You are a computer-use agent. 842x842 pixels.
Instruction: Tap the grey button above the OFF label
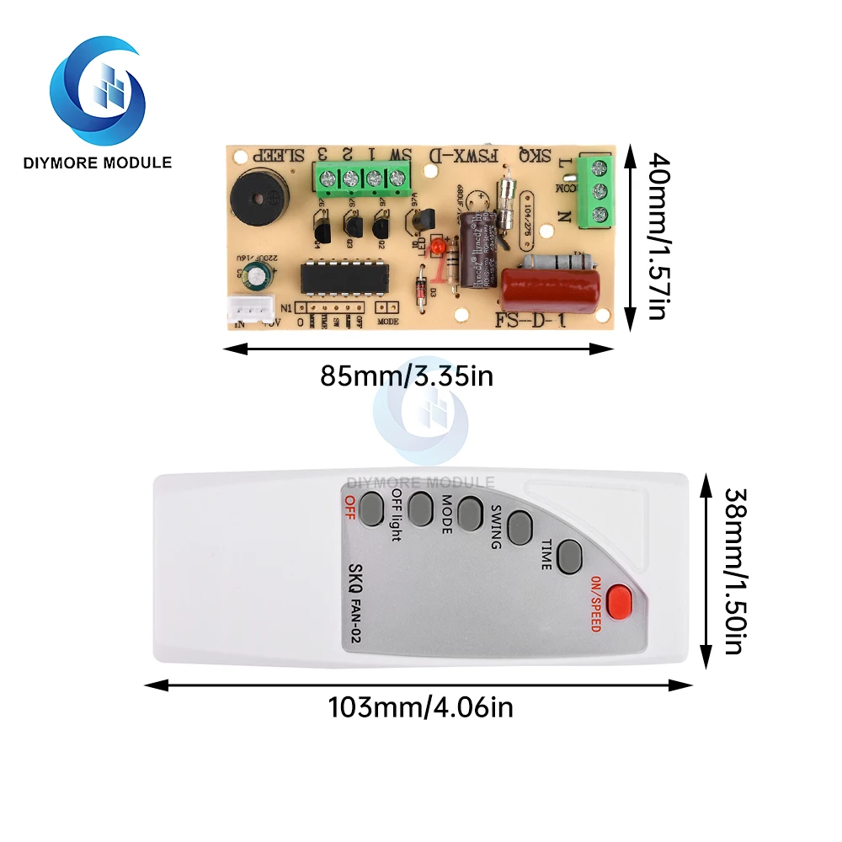pos(370,509)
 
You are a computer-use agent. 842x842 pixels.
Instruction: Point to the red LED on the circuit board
pos(438,248)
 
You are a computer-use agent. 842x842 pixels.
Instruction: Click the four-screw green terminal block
pos(360,179)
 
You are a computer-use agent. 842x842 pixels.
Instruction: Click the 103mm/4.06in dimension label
pos(420,707)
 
